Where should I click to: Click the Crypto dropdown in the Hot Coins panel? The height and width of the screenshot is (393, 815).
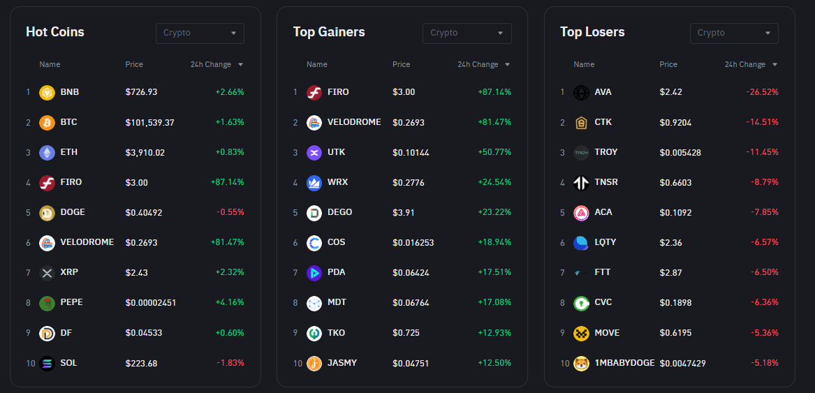(200, 33)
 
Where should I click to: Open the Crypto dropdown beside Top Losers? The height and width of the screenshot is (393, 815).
(734, 33)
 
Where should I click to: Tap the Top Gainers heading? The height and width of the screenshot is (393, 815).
(329, 32)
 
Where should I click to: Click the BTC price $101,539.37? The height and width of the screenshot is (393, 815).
(150, 122)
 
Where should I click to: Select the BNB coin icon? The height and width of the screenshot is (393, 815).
(47, 92)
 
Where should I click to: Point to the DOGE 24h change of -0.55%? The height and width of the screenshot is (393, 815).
(230, 212)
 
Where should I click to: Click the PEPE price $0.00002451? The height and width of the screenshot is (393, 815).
(151, 303)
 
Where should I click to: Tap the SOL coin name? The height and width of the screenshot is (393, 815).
(68, 363)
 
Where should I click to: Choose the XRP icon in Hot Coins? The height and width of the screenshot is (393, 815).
(47, 273)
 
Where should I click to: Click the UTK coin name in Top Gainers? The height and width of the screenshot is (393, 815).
(336, 152)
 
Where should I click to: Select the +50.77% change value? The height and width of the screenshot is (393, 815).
(494, 152)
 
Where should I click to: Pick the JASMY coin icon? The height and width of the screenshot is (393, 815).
(314, 364)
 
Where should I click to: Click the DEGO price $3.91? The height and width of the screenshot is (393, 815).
(404, 212)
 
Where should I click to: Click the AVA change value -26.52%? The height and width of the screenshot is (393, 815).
(762, 92)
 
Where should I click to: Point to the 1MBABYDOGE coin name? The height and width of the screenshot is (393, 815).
(624, 363)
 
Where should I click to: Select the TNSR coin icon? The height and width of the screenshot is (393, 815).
(581, 183)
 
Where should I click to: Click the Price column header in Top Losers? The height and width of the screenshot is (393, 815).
(668, 64)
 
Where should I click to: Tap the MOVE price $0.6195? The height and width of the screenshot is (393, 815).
(675, 333)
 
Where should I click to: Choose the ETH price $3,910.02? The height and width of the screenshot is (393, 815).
(145, 152)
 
